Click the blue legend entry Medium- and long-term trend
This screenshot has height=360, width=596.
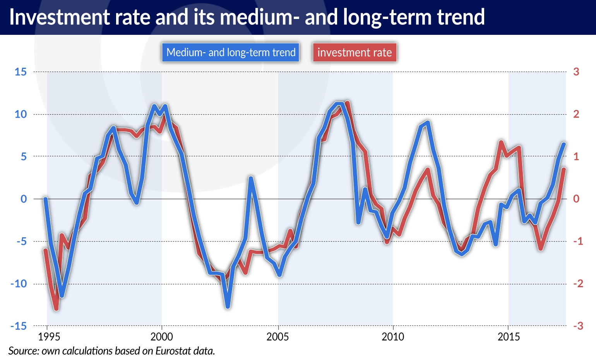(x=231, y=53)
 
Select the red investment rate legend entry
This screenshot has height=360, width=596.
(x=355, y=53)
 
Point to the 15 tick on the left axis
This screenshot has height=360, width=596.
(x=21, y=72)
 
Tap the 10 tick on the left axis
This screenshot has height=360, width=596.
(x=21, y=114)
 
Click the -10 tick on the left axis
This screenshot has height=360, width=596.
(x=18, y=284)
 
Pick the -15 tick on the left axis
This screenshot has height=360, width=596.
(x=18, y=326)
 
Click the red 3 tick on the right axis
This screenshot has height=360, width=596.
(x=576, y=72)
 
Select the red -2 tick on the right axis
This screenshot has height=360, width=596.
(x=578, y=284)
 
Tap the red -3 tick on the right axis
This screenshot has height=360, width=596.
(x=578, y=326)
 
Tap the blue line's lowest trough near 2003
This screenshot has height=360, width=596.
(x=228, y=307)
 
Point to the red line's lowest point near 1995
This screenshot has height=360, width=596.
(x=56, y=309)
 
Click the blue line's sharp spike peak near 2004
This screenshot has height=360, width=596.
(x=251, y=178)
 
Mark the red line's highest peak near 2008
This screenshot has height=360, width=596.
(x=347, y=103)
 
